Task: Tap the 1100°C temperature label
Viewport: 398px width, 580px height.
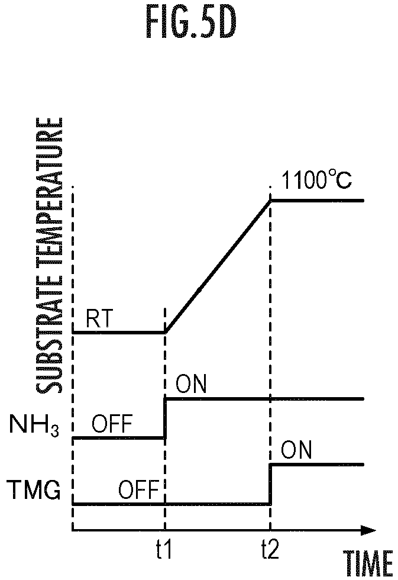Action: coord(316,180)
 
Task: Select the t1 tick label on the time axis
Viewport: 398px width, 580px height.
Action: coord(164,549)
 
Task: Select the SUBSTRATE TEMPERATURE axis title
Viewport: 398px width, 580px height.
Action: coord(48,256)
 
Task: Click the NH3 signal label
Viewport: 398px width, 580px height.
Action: coord(34,425)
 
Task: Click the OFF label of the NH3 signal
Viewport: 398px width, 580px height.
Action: coord(112,424)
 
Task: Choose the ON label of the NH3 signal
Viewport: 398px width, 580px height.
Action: coord(190,384)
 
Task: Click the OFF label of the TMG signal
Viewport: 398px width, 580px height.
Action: coord(138,490)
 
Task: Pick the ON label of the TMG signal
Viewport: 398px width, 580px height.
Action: coord(296,450)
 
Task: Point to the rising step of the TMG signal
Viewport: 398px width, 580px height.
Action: coord(270,484)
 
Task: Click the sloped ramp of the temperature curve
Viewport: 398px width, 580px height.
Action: coord(218,266)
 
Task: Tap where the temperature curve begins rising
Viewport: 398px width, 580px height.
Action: coord(165,332)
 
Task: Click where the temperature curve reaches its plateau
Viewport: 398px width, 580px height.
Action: coord(271,201)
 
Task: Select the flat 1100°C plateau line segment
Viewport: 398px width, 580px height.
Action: coord(318,201)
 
